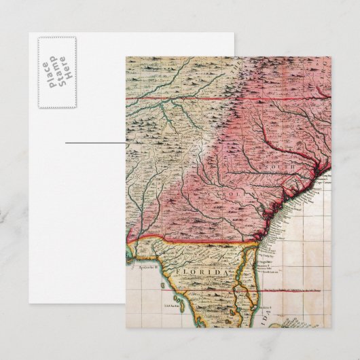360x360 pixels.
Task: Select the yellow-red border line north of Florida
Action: coord(197,239)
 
